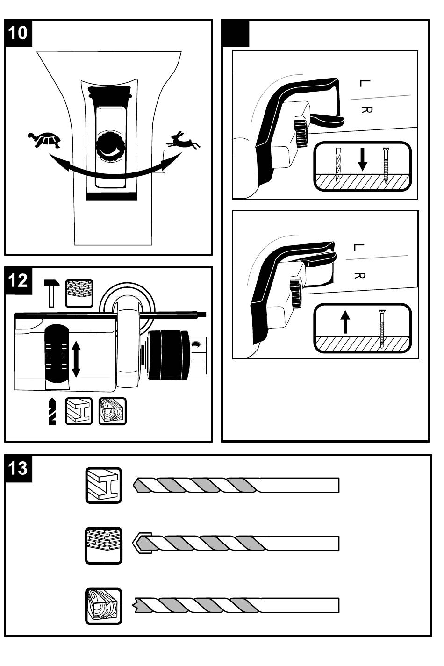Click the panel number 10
click(x=18, y=33)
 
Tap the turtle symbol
click(x=44, y=140)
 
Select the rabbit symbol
click(x=183, y=140)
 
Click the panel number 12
click(x=18, y=281)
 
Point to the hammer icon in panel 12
click(x=52, y=293)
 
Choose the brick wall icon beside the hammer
click(x=79, y=294)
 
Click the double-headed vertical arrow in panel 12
click(x=76, y=359)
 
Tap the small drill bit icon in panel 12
click(x=52, y=411)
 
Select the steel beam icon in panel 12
click(x=79, y=411)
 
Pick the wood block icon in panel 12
click(x=113, y=411)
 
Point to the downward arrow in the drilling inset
click(x=362, y=160)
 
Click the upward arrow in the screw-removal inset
click(x=345, y=322)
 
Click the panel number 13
click(x=18, y=468)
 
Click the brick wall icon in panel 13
click(x=103, y=546)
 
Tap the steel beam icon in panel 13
click(x=103, y=486)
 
